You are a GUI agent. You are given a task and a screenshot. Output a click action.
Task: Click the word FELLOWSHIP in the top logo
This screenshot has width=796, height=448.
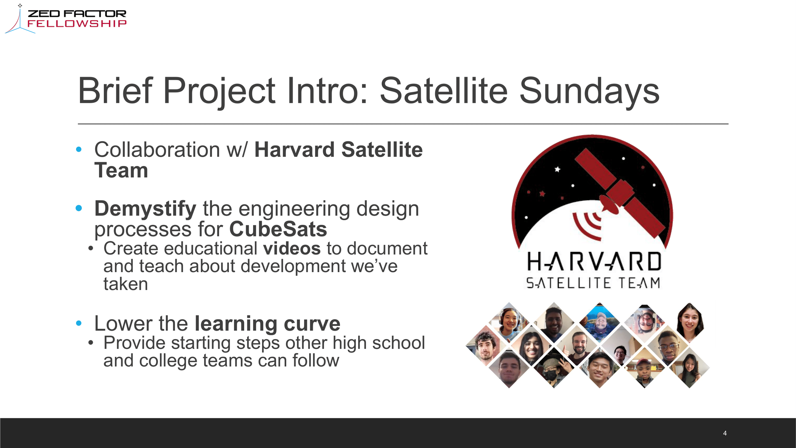(x=77, y=24)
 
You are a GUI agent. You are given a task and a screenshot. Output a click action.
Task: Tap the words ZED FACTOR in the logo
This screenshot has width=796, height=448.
(x=77, y=14)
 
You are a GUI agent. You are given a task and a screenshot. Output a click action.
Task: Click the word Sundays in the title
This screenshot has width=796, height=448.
(x=589, y=91)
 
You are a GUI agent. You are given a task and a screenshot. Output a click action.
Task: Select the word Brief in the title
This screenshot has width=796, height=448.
(x=115, y=91)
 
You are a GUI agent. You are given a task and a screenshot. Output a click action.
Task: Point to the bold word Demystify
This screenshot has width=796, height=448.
(x=145, y=209)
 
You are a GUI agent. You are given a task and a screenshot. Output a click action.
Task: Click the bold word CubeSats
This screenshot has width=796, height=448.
(x=278, y=229)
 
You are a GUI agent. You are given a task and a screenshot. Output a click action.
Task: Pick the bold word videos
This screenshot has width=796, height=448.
(x=292, y=249)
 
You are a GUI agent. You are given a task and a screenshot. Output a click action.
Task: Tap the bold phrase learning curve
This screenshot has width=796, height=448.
(x=267, y=324)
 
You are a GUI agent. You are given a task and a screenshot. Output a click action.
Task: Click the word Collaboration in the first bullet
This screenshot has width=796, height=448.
(x=157, y=150)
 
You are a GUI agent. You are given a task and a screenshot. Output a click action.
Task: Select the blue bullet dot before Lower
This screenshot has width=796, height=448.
(x=79, y=323)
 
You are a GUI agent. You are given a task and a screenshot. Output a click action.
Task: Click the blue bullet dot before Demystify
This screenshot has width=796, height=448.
(x=79, y=208)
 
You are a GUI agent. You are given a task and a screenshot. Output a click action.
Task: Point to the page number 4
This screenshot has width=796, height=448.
(x=725, y=433)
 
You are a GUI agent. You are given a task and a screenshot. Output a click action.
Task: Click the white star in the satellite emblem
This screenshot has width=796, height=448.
(x=557, y=169)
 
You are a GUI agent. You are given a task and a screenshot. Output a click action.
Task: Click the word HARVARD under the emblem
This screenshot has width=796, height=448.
(x=594, y=262)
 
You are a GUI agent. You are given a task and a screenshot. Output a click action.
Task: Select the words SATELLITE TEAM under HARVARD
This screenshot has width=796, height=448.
(x=593, y=283)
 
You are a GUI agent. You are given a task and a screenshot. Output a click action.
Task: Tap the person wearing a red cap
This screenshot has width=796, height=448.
(x=644, y=370)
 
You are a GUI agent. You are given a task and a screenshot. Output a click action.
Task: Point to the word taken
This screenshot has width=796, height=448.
(x=125, y=284)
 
